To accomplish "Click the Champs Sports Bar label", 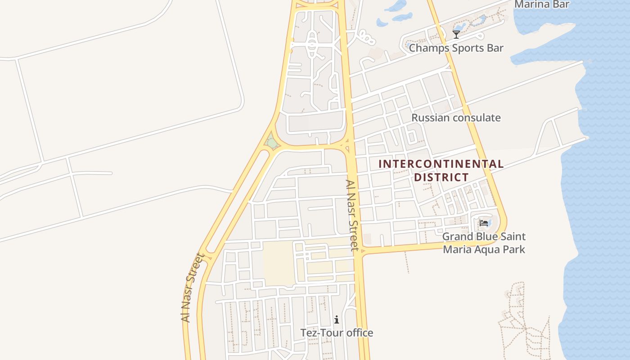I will pyautogui.click(x=456, y=48).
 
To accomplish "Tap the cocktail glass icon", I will pyautogui.click(x=456, y=35).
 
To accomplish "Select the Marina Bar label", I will pyautogui.click(x=542, y=4).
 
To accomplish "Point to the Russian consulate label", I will pyautogui.click(x=456, y=118).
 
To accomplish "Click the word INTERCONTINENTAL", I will pyautogui.click(x=441, y=164).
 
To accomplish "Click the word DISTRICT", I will pyautogui.click(x=441, y=177).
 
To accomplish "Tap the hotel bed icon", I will pyautogui.click(x=484, y=223).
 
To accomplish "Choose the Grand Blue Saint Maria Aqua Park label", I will pyautogui.click(x=484, y=243).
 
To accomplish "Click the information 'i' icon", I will pyautogui.click(x=337, y=320).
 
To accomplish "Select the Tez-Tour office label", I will pyautogui.click(x=337, y=333).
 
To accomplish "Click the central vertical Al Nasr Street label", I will pyautogui.click(x=352, y=215).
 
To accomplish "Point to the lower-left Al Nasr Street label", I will pyautogui.click(x=192, y=288).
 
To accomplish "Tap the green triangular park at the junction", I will pyautogui.click(x=271, y=142).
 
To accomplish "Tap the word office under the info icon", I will pyautogui.click(x=359, y=333).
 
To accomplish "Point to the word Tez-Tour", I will pyautogui.click(x=321, y=333).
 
